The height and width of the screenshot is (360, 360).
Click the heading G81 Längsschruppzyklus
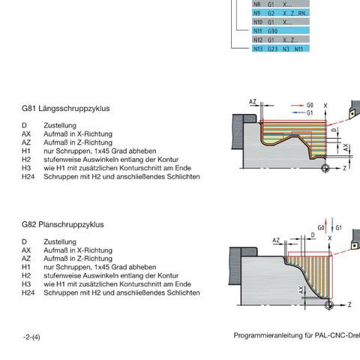pos(66,109)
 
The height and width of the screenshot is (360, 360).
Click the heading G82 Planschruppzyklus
pos(63,224)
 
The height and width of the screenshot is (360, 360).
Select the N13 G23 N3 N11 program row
pos(280,49)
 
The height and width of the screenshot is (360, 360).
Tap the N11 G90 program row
pos(280,31)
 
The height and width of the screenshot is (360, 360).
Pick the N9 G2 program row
pos(280,13)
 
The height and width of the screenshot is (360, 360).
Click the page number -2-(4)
pos(31,337)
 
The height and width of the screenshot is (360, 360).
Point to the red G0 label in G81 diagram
pos(310,105)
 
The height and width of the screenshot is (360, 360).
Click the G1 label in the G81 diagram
pos(310,112)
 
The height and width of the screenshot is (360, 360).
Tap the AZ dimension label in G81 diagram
pos(253,101)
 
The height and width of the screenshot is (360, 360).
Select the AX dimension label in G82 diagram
pos(301,290)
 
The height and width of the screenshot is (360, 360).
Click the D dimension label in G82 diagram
pos(313,235)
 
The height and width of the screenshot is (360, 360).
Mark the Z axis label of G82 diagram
pos(349,304)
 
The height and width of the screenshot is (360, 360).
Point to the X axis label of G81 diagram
pos(325,106)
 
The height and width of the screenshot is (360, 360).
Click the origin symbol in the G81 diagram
pos(325,168)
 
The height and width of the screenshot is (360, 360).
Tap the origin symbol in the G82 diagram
pos(329,305)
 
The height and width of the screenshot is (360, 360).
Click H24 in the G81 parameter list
pos(28,177)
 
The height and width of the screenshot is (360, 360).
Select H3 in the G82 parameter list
pos(26,284)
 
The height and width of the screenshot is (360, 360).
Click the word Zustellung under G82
pos(60,242)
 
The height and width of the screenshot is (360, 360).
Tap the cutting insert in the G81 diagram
pos(352,114)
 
